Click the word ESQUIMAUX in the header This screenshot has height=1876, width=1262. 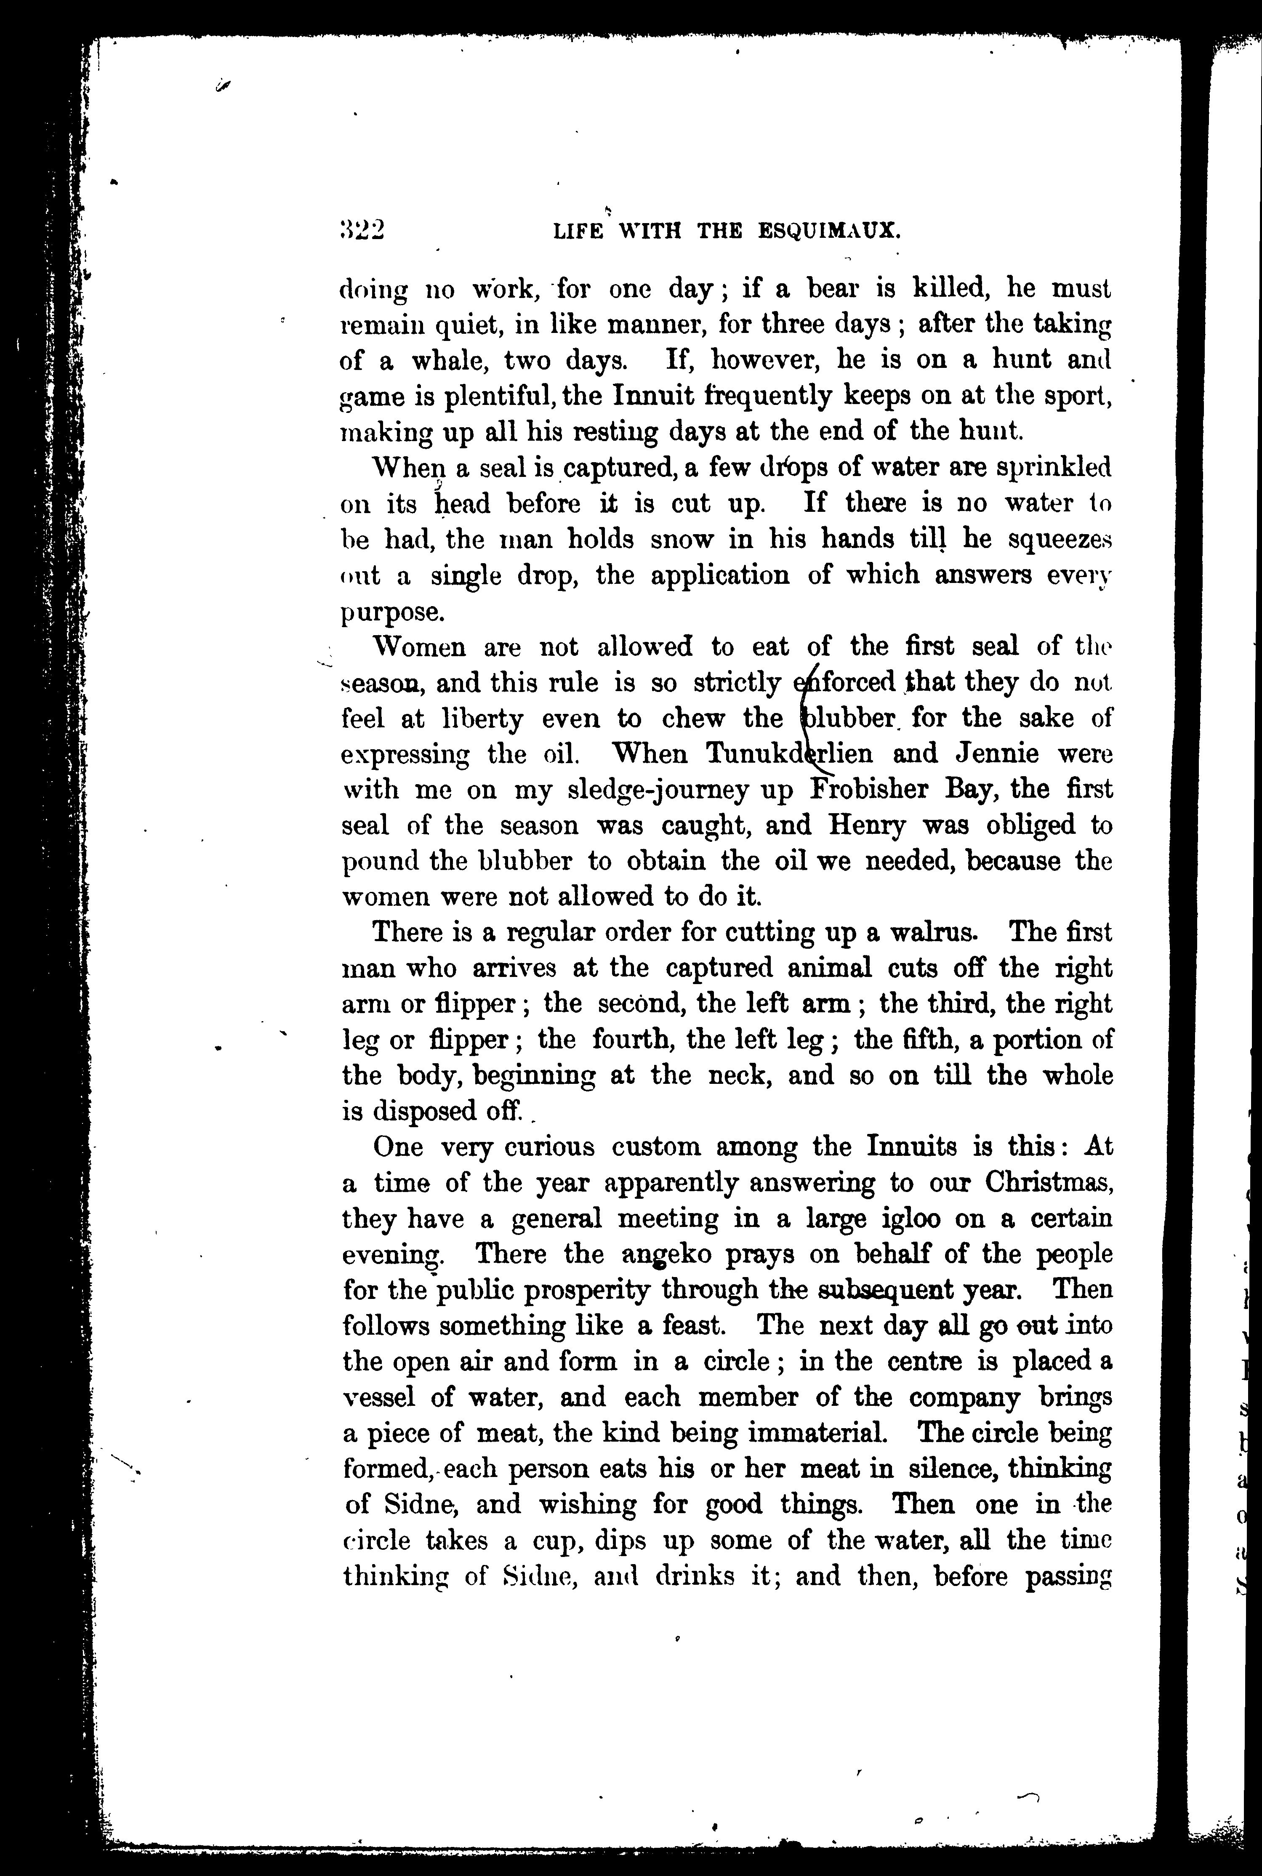829,233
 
